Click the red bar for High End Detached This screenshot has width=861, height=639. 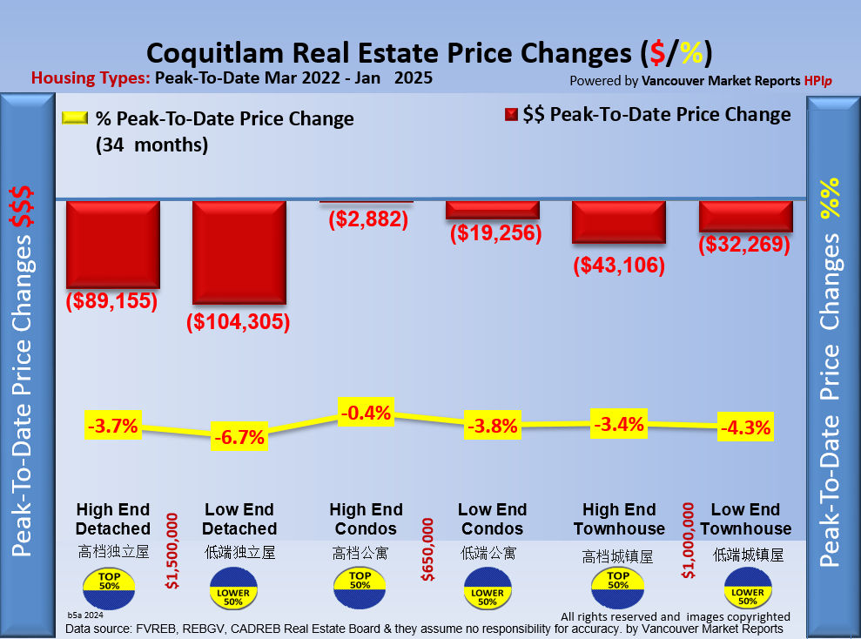[x=113, y=245]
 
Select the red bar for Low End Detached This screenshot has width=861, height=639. [x=239, y=253]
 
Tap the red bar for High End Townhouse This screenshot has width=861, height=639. [x=619, y=223]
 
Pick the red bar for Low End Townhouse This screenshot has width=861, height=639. [x=746, y=217]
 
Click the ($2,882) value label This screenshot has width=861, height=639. [x=368, y=219]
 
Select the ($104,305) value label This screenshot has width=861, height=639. [x=238, y=322]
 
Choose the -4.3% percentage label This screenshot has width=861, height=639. [x=745, y=428]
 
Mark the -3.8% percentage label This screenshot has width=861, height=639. [x=492, y=427]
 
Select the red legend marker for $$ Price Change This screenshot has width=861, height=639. [x=511, y=115]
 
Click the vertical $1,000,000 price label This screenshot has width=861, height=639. [x=689, y=540]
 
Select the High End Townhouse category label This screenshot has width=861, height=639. [x=619, y=520]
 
